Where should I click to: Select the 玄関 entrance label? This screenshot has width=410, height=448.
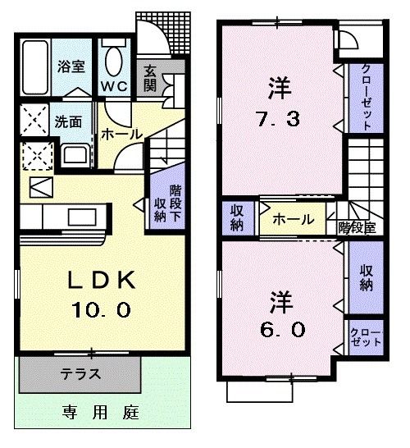pyautogui.click(x=152, y=78)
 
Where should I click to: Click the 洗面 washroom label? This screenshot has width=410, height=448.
pyautogui.click(x=67, y=122)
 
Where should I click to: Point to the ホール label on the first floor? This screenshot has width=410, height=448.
pyautogui.click(x=121, y=134)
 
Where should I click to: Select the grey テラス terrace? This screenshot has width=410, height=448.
pyautogui.click(x=80, y=375)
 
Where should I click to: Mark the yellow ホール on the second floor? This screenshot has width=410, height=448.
pyautogui.click(x=292, y=219)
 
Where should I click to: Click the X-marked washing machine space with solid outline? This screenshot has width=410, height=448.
pyautogui.click(x=34, y=121)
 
